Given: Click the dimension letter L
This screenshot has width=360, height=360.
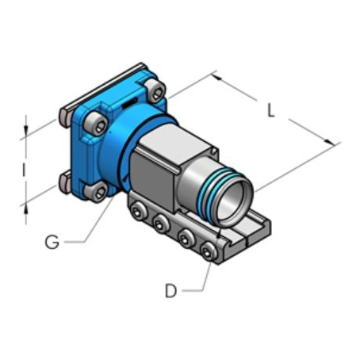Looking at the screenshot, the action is [x=271, y=110].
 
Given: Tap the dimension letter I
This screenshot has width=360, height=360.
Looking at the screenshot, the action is [x=24, y=170].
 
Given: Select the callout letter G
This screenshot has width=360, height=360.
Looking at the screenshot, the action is [x=52, y=242].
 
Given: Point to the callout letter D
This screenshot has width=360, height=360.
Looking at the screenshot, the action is [x=170, y=291].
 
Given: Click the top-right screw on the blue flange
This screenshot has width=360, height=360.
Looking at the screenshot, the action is [x=155, y=90].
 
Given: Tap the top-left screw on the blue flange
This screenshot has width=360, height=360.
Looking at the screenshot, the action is [x=96, y=124].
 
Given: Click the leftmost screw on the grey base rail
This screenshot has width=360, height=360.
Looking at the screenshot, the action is [x=138, y=210].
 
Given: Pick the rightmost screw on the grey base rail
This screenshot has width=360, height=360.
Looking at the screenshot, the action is [x=209, y=251].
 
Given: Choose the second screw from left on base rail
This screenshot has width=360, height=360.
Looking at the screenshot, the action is [x=160, y=224].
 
